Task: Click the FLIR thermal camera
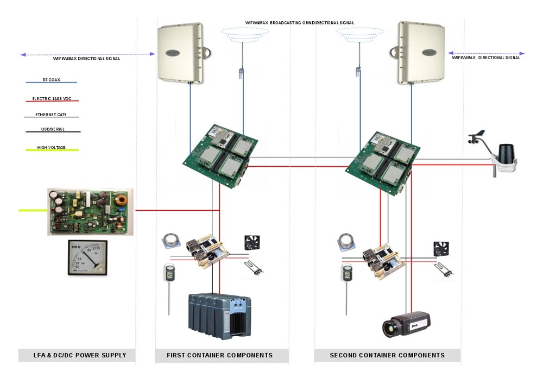point(407,324)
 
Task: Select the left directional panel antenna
point(181,53)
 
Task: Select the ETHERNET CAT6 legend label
point(52,115)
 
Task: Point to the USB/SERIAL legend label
point(52,130)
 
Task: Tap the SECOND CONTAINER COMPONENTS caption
point(387,355)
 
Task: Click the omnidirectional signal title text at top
point(300,22)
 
